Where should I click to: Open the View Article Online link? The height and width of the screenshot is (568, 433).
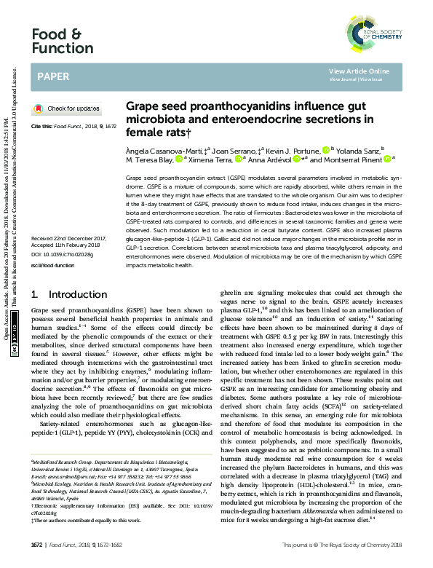(358, 71)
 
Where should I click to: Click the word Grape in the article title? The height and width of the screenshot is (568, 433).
(142, 106)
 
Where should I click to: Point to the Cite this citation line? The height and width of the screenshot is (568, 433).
(73, 126)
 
